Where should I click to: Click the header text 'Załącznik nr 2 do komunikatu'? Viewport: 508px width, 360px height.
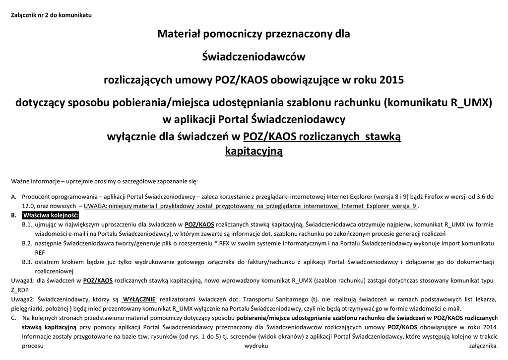click(x=51, y=14)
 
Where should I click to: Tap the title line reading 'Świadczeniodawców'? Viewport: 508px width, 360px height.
click(x=254, y=57)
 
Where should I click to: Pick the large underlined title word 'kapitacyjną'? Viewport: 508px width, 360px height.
click(x=254, y=150)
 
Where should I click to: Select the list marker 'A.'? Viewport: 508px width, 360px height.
click(x=14, y=197)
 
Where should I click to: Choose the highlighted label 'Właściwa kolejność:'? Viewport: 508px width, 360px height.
click(x=51, y=216)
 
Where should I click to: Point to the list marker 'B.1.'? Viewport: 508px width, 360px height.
click(x=27, y=225)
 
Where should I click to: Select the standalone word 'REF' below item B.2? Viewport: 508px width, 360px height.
click(x=40, y=252)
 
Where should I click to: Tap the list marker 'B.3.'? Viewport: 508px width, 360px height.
click(x=27, y=262)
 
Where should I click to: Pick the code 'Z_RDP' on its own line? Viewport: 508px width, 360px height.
click(x=19, y=289)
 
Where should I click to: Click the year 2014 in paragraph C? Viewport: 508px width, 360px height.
click(x=489, y=327)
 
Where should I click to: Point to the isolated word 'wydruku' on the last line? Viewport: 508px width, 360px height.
click(x=256, y=346)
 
